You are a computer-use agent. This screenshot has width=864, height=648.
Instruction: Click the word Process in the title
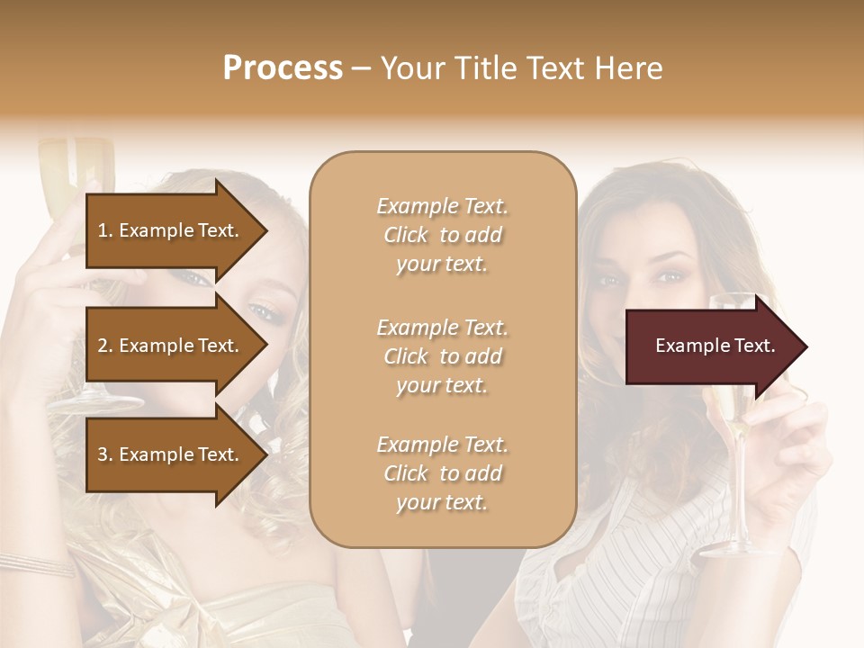coord(283,68)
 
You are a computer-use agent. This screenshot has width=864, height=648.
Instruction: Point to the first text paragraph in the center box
coord(442,235)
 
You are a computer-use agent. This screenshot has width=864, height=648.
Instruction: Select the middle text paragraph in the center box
coord(442,356)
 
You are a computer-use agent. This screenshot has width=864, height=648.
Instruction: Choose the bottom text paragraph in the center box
coord(442,473)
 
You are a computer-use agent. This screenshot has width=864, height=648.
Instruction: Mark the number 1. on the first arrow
coord(104,230)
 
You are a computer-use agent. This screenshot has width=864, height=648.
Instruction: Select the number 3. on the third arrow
coord(104,454)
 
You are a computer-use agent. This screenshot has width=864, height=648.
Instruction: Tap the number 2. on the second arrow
coord(104,346)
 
